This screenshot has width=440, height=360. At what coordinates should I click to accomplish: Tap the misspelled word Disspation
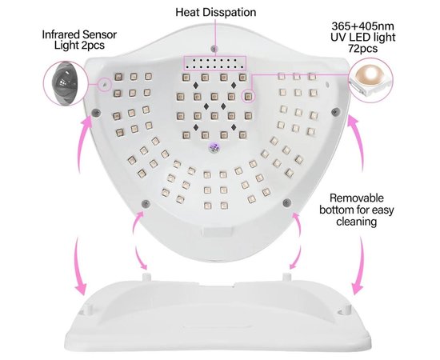click(230, 13)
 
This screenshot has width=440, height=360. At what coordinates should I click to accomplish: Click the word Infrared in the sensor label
click(61, 34)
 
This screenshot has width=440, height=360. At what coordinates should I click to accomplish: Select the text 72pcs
click(363, 49)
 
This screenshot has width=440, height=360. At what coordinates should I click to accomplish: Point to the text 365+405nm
click(362, 26)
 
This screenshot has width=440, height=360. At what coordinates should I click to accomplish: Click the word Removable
click(356, 198)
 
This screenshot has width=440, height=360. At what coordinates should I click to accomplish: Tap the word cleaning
click(356, 222)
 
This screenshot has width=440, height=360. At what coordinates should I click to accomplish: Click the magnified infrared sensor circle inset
click(64, 83)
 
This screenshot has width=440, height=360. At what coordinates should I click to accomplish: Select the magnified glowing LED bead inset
click(370, 80)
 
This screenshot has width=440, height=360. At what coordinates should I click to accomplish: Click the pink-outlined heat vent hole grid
click(214, 63)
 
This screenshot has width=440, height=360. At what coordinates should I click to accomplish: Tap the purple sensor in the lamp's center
click(215, 146)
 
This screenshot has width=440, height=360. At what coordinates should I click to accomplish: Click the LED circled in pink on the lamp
click(248, 97)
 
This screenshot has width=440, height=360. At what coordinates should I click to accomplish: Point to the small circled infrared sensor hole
click(104, 84)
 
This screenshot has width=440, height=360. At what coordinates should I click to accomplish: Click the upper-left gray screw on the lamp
click(96, 112)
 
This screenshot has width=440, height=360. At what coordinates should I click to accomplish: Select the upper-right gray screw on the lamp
click(336, 112)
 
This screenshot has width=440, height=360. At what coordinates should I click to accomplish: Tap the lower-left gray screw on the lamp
click(146, 203)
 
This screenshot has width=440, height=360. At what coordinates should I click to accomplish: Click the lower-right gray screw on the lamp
click(286, 202)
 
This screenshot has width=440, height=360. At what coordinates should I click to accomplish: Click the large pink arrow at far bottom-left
click(78, 266)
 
